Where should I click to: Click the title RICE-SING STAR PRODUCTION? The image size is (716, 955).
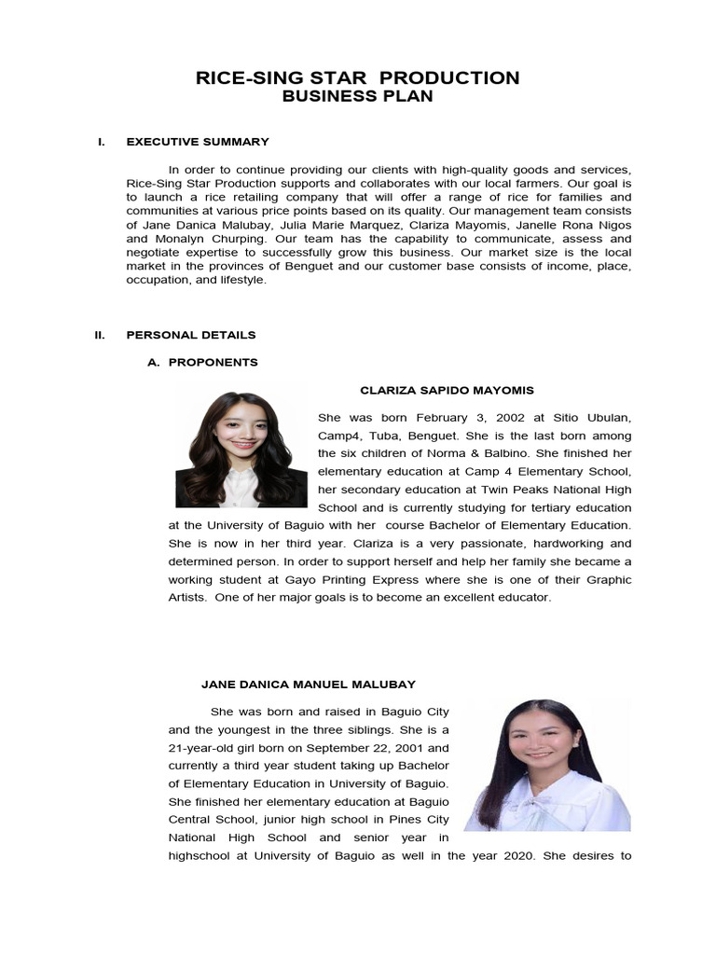pos(357,77)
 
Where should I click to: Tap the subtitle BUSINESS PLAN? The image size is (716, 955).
pos(357,97)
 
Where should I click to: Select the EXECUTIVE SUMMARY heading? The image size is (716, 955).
pos(198,142)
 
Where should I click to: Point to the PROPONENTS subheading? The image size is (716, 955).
pos(213,362)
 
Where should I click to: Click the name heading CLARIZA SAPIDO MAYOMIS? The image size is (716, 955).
pos(447,390)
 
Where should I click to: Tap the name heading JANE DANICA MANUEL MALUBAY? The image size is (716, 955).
pos(309,685)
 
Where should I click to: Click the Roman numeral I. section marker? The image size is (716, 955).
pos(101,142)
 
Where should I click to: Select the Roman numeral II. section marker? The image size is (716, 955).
pos(100,335)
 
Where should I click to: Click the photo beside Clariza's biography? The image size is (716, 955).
pos(241,450)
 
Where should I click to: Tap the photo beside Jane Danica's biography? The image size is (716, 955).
pos(547,765)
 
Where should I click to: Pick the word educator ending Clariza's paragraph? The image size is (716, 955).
pos(526,597)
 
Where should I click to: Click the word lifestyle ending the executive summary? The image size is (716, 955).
pos(241,281)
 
